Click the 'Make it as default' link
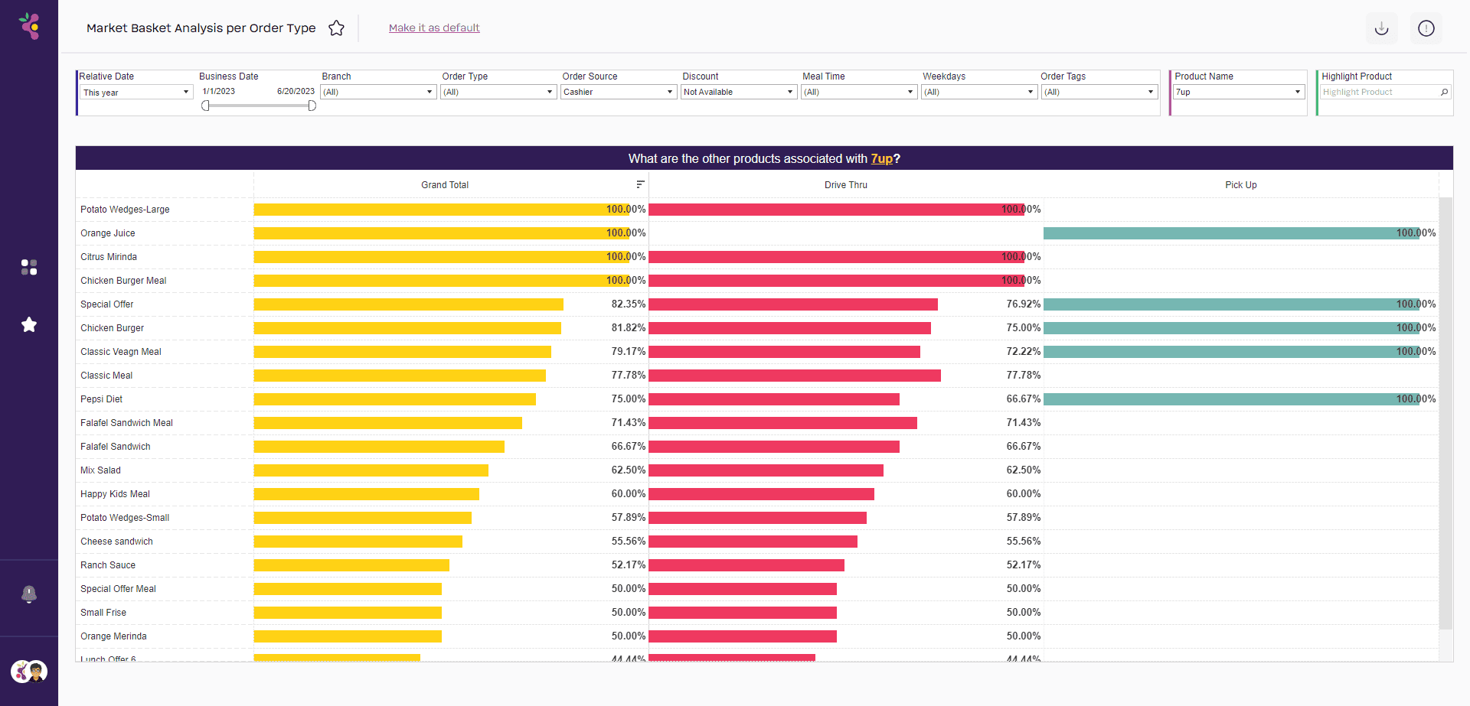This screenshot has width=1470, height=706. pos(434,28)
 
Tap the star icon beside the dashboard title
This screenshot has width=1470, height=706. pos(336,28)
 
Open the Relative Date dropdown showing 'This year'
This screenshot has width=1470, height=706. pos(136,93)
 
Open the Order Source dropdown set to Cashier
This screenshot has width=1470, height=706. pos(617,92)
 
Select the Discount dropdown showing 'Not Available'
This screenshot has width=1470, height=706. pos(738,92)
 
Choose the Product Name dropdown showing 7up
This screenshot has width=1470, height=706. pos(1237,92)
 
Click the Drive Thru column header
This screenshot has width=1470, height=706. pos(845,185)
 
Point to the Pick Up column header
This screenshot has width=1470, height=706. pos(1240,185)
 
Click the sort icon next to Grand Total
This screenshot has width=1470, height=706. pos(640,184)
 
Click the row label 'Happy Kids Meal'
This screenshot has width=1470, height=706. pos(115,494)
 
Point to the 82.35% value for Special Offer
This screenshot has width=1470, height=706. pos(628,304)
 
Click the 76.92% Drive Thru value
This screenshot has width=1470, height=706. pos(1023,304)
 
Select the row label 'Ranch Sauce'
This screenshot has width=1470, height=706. pos(108,565)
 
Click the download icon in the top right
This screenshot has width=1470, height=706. pos(1381,28)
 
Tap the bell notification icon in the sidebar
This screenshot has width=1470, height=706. pos(29,594)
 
